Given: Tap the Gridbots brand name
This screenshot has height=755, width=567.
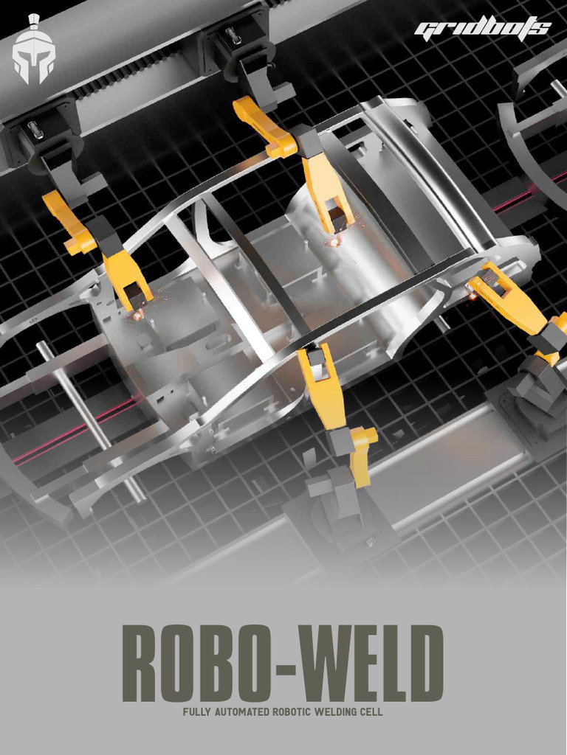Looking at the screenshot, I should point(482,29).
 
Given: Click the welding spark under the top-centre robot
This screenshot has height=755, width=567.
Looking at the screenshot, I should point(334,240).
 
